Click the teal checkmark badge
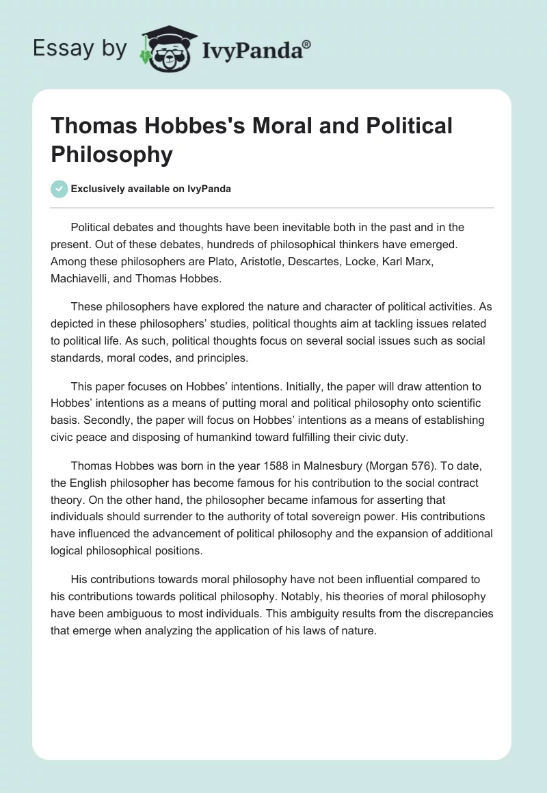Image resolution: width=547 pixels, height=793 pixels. click(59, 189)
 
